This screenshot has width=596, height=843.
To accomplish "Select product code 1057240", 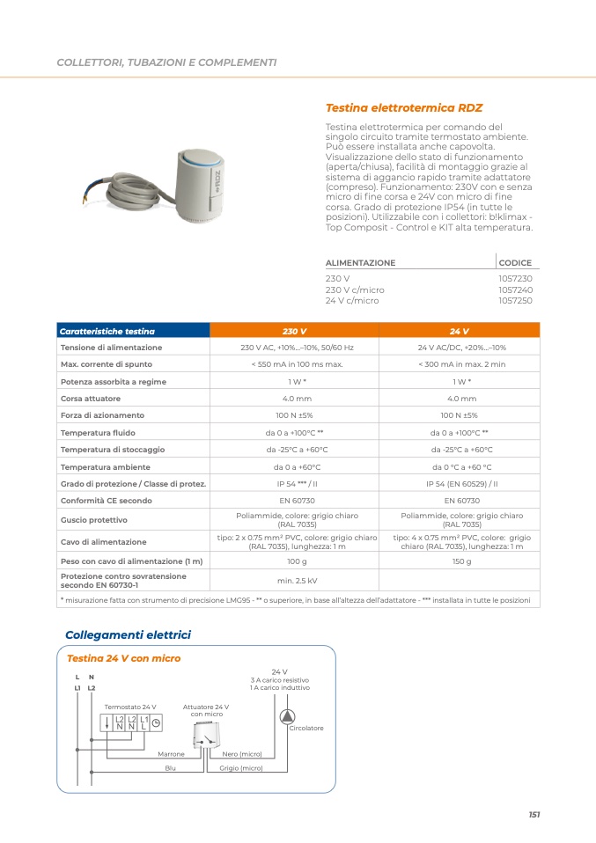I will (x=515, y=290).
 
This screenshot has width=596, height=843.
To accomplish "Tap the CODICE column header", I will (x=515, y=263).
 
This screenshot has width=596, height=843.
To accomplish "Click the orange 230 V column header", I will (x=294, y=332).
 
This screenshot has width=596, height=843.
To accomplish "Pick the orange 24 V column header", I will (x=459, y=332).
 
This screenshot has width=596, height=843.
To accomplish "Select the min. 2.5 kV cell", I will (x=297, y=581).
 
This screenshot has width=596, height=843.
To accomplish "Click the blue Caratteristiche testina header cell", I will (x=107, y=332).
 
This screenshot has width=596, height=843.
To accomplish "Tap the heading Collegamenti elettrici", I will (x=128, y=634).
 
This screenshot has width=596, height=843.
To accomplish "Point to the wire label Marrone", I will (x=171, y=754).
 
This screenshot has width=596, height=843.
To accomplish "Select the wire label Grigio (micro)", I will (x=241, y=768).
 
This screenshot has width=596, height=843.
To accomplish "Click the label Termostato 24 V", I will (x=130, y=707).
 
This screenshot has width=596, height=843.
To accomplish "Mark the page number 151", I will (x=533, y=815).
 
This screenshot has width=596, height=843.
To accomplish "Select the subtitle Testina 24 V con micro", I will (x=123, y=658).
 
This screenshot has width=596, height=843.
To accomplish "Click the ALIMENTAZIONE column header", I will (x=361, y=263).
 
